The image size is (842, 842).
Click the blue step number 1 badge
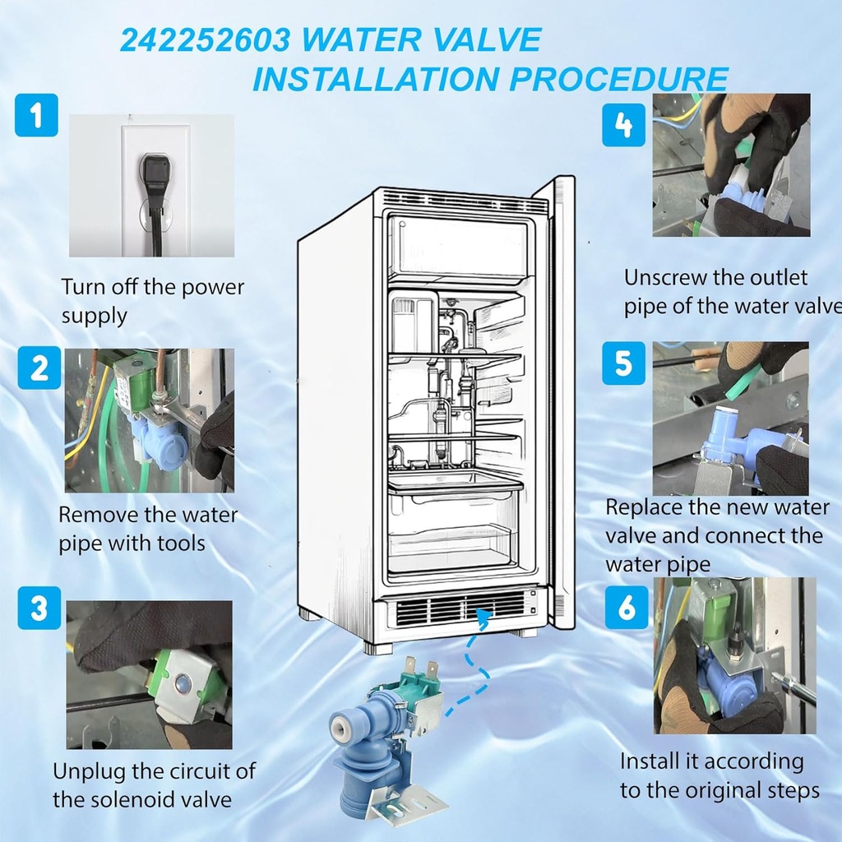36,115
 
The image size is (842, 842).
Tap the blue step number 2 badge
39,368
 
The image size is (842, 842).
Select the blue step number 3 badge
39,608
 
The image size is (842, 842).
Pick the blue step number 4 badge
623,125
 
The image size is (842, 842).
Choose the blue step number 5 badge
623,363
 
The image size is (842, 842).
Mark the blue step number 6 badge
627,607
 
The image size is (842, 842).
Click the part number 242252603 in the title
203,40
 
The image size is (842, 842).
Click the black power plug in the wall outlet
155,174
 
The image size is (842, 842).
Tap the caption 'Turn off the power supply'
152,301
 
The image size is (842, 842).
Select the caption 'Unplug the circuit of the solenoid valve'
154,785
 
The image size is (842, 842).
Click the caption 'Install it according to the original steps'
719,775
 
